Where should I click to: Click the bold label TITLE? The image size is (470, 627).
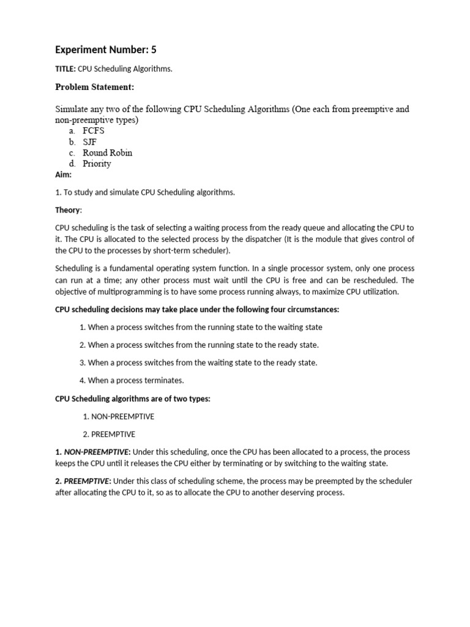[65, 69]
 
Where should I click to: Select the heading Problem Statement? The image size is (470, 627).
[94, 88]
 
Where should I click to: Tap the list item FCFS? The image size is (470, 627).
[94, 130]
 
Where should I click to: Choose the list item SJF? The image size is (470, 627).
[90, 141]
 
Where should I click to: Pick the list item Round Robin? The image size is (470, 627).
[107, 152]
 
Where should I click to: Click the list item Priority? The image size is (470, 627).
[97, 163]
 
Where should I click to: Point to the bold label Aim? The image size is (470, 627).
[64, 175]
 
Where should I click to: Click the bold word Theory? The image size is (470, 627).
[67, 210]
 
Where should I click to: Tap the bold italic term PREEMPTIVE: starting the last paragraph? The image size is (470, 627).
[88, 481]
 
